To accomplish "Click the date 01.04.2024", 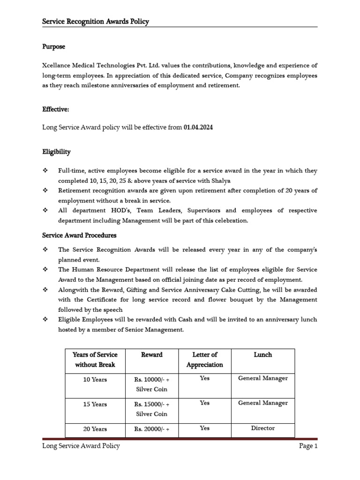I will [198, 127].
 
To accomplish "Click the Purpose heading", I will [54, 47].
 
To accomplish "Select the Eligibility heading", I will [56, 152].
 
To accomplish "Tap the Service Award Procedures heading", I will [79, 235].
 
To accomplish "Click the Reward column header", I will [152, 355].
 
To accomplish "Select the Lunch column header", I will [262, 355].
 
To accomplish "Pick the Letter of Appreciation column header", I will [204, 360].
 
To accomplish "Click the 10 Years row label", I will [95, 380].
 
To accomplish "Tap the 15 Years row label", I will [95, 404].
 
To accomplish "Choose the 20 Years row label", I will [95, 429].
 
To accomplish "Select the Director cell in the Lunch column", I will [262, 428].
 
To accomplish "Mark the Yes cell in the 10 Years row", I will [204, 378].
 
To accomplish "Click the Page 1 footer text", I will [308, 446].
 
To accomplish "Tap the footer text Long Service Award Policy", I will [81, 446].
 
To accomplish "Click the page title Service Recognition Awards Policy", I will [96, 22].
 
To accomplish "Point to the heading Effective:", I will [56, 109].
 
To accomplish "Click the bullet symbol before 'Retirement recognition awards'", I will [45, 191].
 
